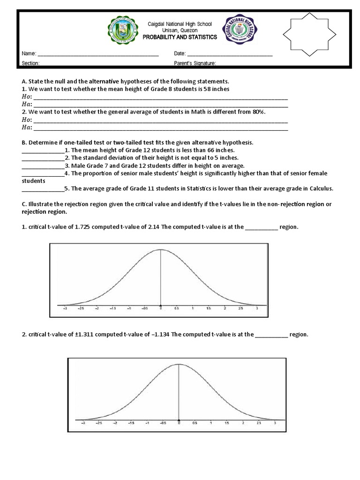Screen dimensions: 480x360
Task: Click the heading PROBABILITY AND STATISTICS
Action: pyautogui.click(x=180, y=37)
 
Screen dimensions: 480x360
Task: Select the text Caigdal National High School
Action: pyautogui.click(x=180, y=24)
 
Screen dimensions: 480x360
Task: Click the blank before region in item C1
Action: pyautogui.click(x=261, y=227)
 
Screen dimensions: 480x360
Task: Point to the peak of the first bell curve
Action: pyautogui.click(x=161, y=249)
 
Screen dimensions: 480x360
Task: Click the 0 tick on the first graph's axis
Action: pyautogui.click(x=161, y=309)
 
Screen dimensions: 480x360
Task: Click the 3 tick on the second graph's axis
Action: pyautogui.click(x=275, y=422)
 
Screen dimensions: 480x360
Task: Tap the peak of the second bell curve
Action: pyautogui.click(x=179, y=364)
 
